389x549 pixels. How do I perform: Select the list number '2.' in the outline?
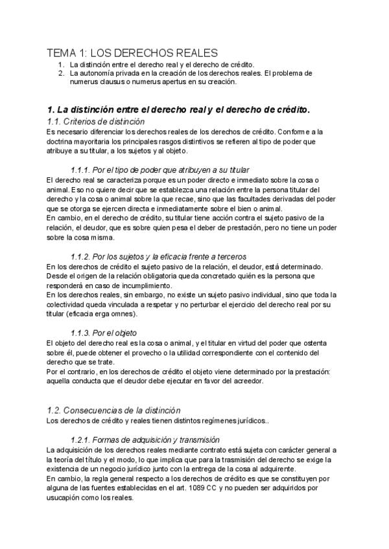[60, 73]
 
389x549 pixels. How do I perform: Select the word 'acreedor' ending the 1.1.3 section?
[245, 381]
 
